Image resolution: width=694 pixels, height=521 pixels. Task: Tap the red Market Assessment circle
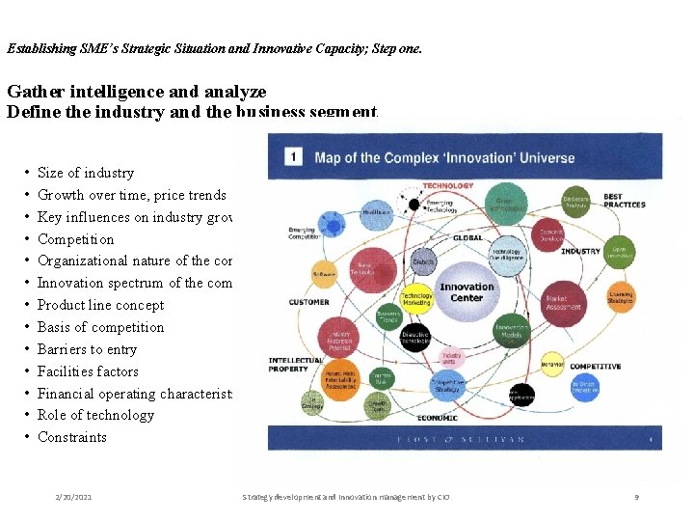point(563,303)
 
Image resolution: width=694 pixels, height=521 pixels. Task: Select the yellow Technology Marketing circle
point(416,299)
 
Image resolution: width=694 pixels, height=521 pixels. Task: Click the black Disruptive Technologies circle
point(415,337)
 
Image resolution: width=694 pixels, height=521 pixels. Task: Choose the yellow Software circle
point(324,274)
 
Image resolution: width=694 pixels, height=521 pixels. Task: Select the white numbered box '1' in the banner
point(293,157)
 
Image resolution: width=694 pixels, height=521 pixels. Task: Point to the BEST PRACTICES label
point(625,201)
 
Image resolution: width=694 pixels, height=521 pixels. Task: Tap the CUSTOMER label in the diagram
point(308,302)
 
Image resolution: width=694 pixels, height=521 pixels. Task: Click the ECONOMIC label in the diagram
point(437,418)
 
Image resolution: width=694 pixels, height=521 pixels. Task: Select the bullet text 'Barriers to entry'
point(87,349)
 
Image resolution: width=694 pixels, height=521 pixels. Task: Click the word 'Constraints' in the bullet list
point(72,437)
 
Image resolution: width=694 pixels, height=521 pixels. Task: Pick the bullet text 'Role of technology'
point(95,415)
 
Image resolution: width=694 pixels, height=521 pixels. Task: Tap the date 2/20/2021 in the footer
point(74,496)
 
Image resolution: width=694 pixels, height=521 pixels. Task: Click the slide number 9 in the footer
point(637,496)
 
